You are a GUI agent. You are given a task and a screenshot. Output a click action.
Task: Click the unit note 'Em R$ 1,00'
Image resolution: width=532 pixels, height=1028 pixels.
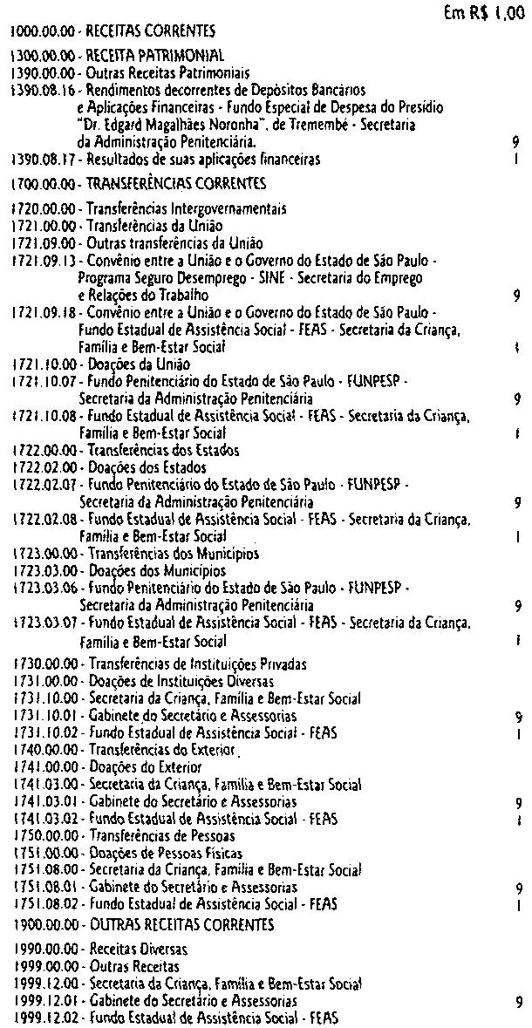484,13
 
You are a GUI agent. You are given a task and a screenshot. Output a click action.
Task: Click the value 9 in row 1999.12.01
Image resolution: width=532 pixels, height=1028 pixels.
518,1001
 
